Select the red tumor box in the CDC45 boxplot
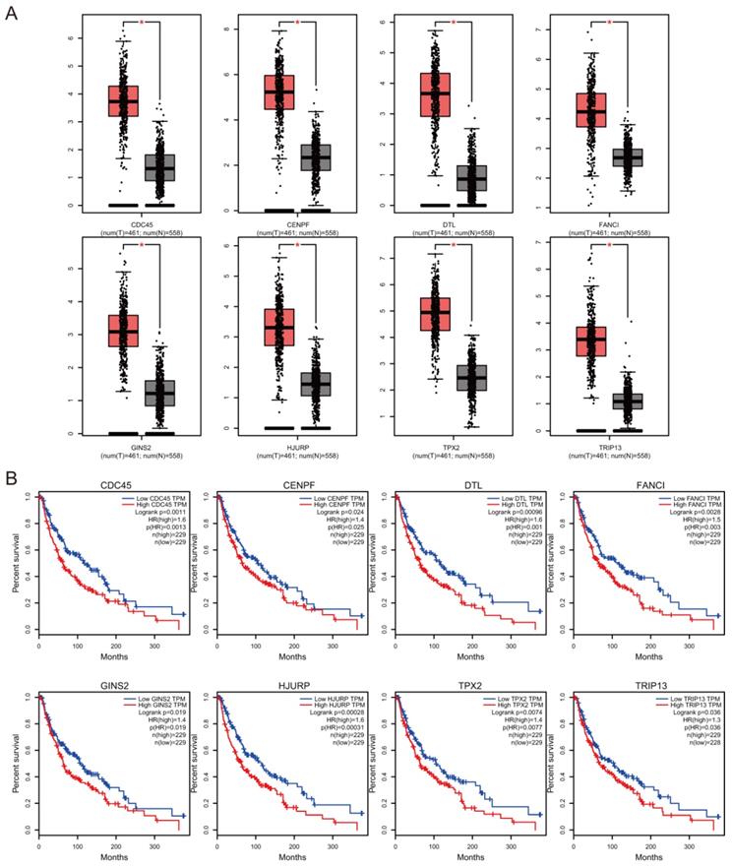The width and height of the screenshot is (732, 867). pyautogui.click(x=123, y=100)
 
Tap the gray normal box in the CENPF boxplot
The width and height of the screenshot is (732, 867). pyautogui.click(x=315, y=157)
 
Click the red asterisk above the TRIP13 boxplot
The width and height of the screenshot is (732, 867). pyautogui.click(x=610, y=244)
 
